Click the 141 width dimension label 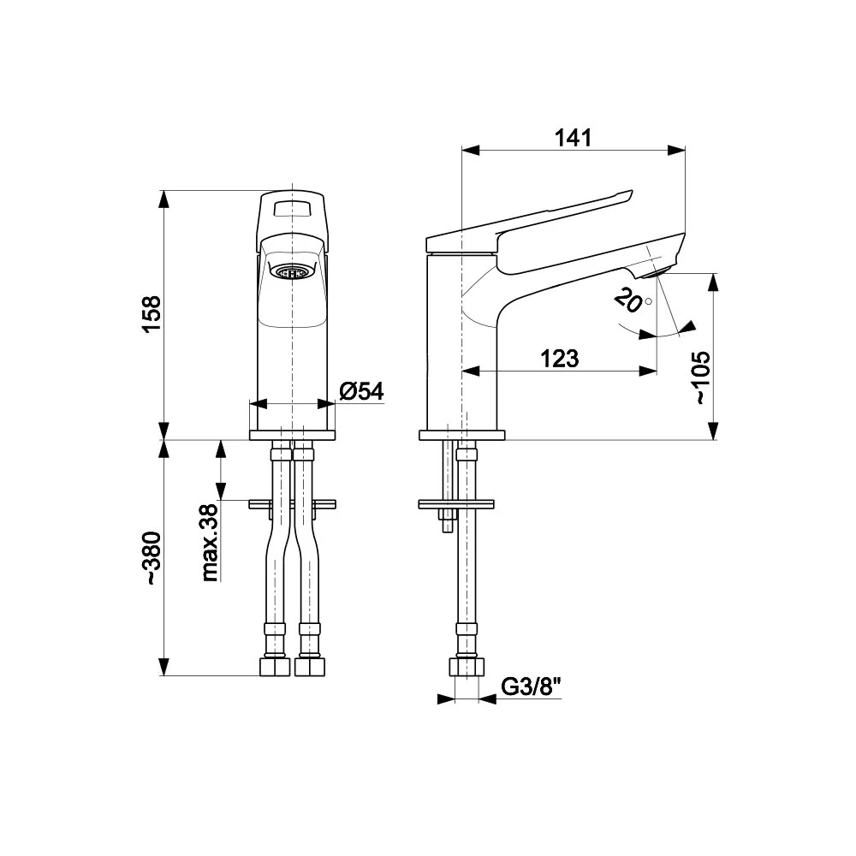(574, 138)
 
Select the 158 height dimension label (152, 314)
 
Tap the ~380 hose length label (152, 558)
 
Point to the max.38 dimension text (210, 543)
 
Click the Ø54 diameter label (361, 391)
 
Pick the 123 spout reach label (560, 359)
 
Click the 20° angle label (633, 300)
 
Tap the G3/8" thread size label (532, 687)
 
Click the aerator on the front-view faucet (292, 271)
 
